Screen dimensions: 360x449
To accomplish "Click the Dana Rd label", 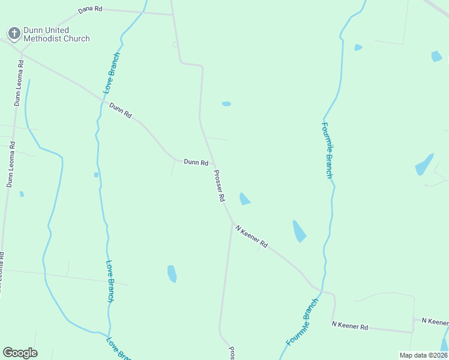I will (x=91, y=11).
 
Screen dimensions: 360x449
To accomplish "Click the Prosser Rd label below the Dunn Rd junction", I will (x=219, y=185).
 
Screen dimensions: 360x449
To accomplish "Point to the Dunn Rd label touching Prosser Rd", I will (x=196, y=162).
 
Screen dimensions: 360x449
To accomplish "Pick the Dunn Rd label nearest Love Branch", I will (x=120, y=110).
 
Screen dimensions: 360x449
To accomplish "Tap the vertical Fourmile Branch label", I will (x=327, y=150).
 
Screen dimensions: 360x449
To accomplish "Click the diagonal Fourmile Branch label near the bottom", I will (x=302, y=322).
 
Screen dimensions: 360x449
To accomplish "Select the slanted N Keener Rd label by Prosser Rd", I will (x=252, y=236).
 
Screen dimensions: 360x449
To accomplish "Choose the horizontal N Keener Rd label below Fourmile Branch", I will (x=350, y=326).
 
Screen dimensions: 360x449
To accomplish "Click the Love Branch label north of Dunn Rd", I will (x=112, y=73).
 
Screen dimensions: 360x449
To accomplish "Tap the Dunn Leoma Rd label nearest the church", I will (x=19, y=82).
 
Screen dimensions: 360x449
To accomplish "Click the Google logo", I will (x=20, y=353).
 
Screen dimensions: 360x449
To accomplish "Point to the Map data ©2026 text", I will (x=423, y=355).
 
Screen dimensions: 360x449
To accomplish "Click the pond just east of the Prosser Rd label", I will (x=244, y=199).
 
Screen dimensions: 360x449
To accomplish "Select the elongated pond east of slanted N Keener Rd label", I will (x=299, y=231).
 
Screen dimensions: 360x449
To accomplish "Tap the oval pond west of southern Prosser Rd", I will (x=172, y=274).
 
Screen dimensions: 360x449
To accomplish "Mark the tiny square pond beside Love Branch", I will (x=95, y=175).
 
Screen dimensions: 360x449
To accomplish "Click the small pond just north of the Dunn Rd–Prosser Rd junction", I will (x=226, y=104).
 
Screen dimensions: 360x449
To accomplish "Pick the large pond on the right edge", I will (x=424, y=164).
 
